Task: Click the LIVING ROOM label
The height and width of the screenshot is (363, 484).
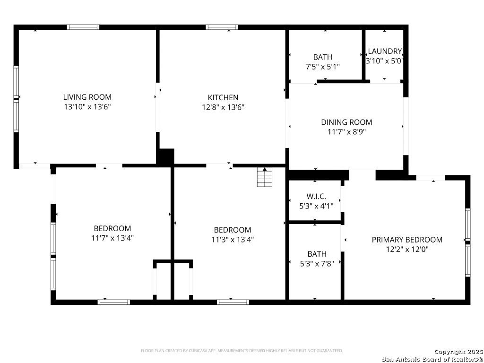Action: (87, 97)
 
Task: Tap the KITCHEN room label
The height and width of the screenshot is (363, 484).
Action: (223, 97)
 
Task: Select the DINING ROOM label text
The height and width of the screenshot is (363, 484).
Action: (346, 122)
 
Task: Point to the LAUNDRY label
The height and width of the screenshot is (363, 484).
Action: (385, 51)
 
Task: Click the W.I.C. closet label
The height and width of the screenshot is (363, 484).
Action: (316, 196)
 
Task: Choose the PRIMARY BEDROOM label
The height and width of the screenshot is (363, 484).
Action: (407, 240)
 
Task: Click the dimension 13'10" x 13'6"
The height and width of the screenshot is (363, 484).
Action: (87, 107)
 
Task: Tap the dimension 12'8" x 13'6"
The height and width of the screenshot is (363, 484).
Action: (223, 107)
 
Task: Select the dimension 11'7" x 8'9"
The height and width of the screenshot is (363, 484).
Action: (346, 132)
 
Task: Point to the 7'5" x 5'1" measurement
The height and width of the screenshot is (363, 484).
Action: (322, 67)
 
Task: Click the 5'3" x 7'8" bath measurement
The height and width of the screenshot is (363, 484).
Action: (317, 264)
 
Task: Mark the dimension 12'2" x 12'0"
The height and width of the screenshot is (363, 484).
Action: (407, 250)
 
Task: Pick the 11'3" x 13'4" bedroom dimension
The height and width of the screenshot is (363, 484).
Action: (233, 240)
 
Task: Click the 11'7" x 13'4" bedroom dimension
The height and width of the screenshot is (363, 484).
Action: (112, 238)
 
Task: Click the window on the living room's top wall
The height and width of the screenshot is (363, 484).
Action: (83, 27)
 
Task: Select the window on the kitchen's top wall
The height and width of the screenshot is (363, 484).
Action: (222, 27)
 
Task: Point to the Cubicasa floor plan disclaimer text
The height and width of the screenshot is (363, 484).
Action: (242, 351)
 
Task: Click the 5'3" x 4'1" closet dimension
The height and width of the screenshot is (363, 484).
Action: (316, 206)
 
